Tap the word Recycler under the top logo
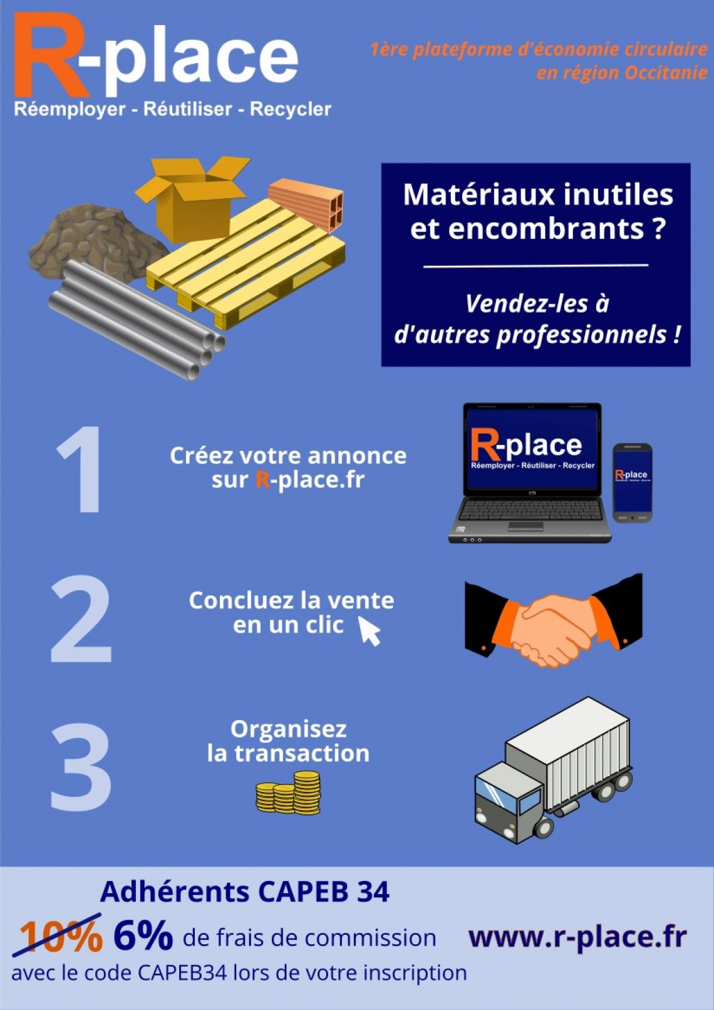pyautogui.click(x=291, y=109)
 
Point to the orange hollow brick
pyautogui.click(x=306, y=205)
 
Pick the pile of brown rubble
pyautogui.click(x=97, y=241)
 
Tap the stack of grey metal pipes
pyautogui.click(x=135, y=320)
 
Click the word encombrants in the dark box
pyautogui.click(x=527, y=229)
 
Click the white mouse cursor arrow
pyautogui.click(x=369, y=631)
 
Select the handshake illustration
pyautogui.click(x=554, y=621)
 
